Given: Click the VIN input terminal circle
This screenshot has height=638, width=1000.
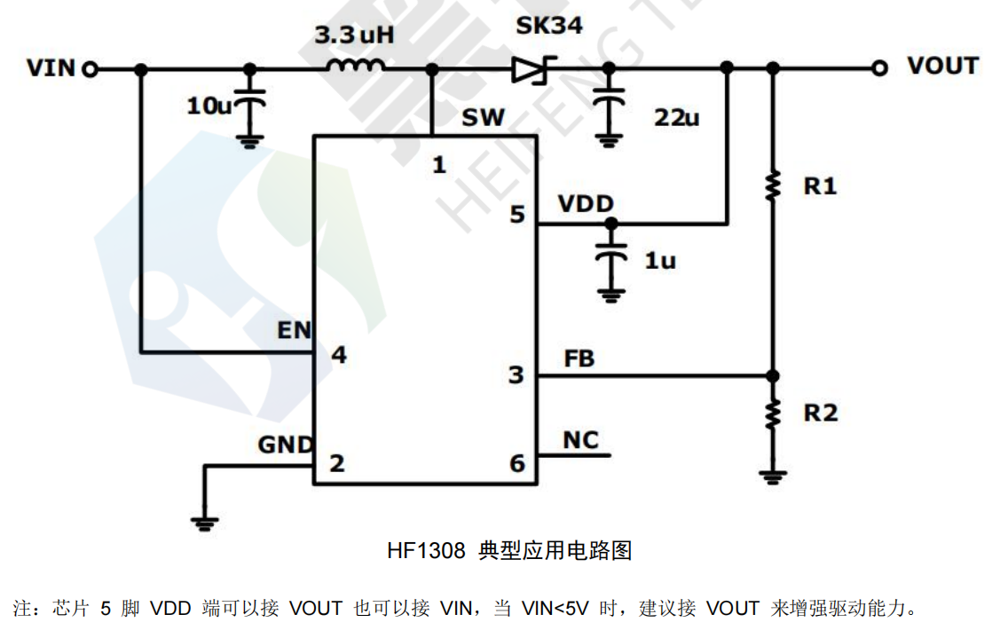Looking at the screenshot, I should pyautogui.click(x=90, y=68).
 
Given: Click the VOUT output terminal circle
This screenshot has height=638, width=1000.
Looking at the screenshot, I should pyautogui.click(x=878, y=67).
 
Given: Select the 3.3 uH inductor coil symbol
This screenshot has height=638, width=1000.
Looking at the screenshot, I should pyautogui.click(x=355, y=66).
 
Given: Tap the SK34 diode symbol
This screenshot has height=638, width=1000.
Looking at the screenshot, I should pyautogui.click(x=533, y=69).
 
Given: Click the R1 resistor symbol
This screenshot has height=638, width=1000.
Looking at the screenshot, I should pyautogui.click(x=773, y=186).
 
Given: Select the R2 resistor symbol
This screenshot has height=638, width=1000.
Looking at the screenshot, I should pyautogui.click(x=773, y=413).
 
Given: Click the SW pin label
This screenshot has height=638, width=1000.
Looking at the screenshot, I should pyautogui.click(x=483, y=117).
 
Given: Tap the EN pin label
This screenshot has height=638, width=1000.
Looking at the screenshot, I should pyautogui.click(x=294, y=330).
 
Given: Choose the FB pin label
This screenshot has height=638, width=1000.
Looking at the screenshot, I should pyautogui.click(x=579, y=358).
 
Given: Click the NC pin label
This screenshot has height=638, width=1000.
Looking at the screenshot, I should pyautogui.click(x=580, y=440).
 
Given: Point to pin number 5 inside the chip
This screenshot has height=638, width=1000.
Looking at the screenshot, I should pyautogui.click(x=517, y=215).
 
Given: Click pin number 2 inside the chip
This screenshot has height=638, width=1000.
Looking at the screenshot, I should pyautogui.click(x=336, y=463).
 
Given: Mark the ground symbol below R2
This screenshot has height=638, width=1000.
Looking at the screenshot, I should pyautogui.click(x=773, y=477).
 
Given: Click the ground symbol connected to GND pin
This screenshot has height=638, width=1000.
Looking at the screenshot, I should pyautogui.click(x=204, y=523).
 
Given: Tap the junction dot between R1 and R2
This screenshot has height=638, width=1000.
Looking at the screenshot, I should pyautogui.click(x=773, y=375).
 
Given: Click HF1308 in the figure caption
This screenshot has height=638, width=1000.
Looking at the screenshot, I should pyautogui.click(x=426, y=551).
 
